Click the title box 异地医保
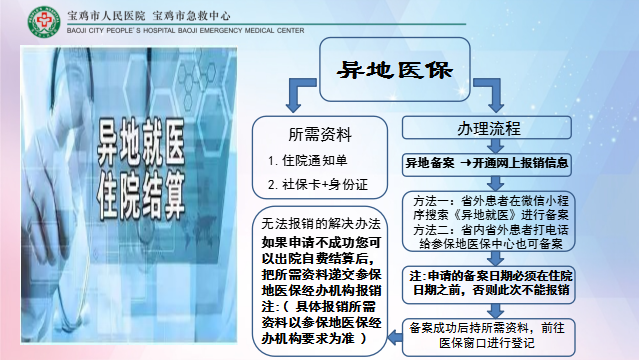click(x=398, y=69)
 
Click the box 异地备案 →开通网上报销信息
click(x=486, y=161)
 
